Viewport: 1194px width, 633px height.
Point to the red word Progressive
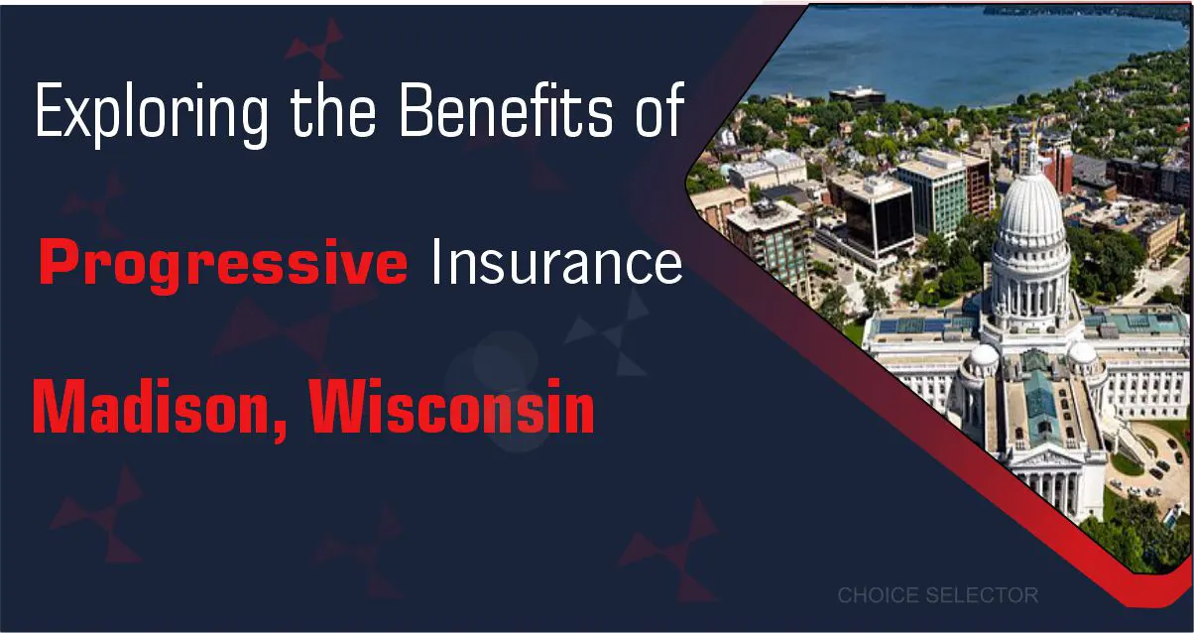tap(224, 264)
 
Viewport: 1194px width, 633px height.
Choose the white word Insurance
tap(555, 262)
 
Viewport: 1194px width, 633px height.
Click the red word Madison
tap(155, 407)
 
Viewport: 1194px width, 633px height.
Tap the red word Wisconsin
tap(452, 407)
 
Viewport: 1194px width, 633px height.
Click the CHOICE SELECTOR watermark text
tap(937, 595)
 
